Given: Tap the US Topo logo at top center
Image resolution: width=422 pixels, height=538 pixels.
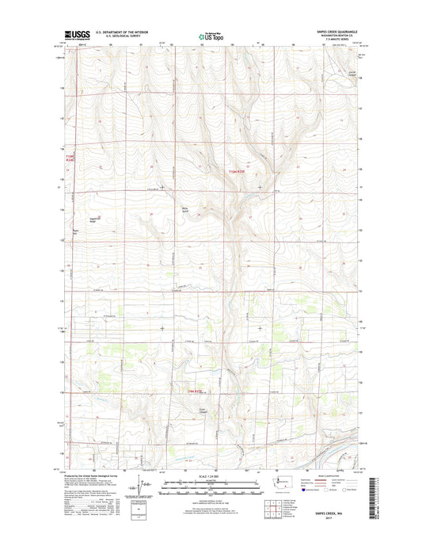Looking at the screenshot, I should [x=210, y=35].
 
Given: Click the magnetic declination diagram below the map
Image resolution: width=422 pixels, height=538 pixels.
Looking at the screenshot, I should [x=141, y=485].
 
